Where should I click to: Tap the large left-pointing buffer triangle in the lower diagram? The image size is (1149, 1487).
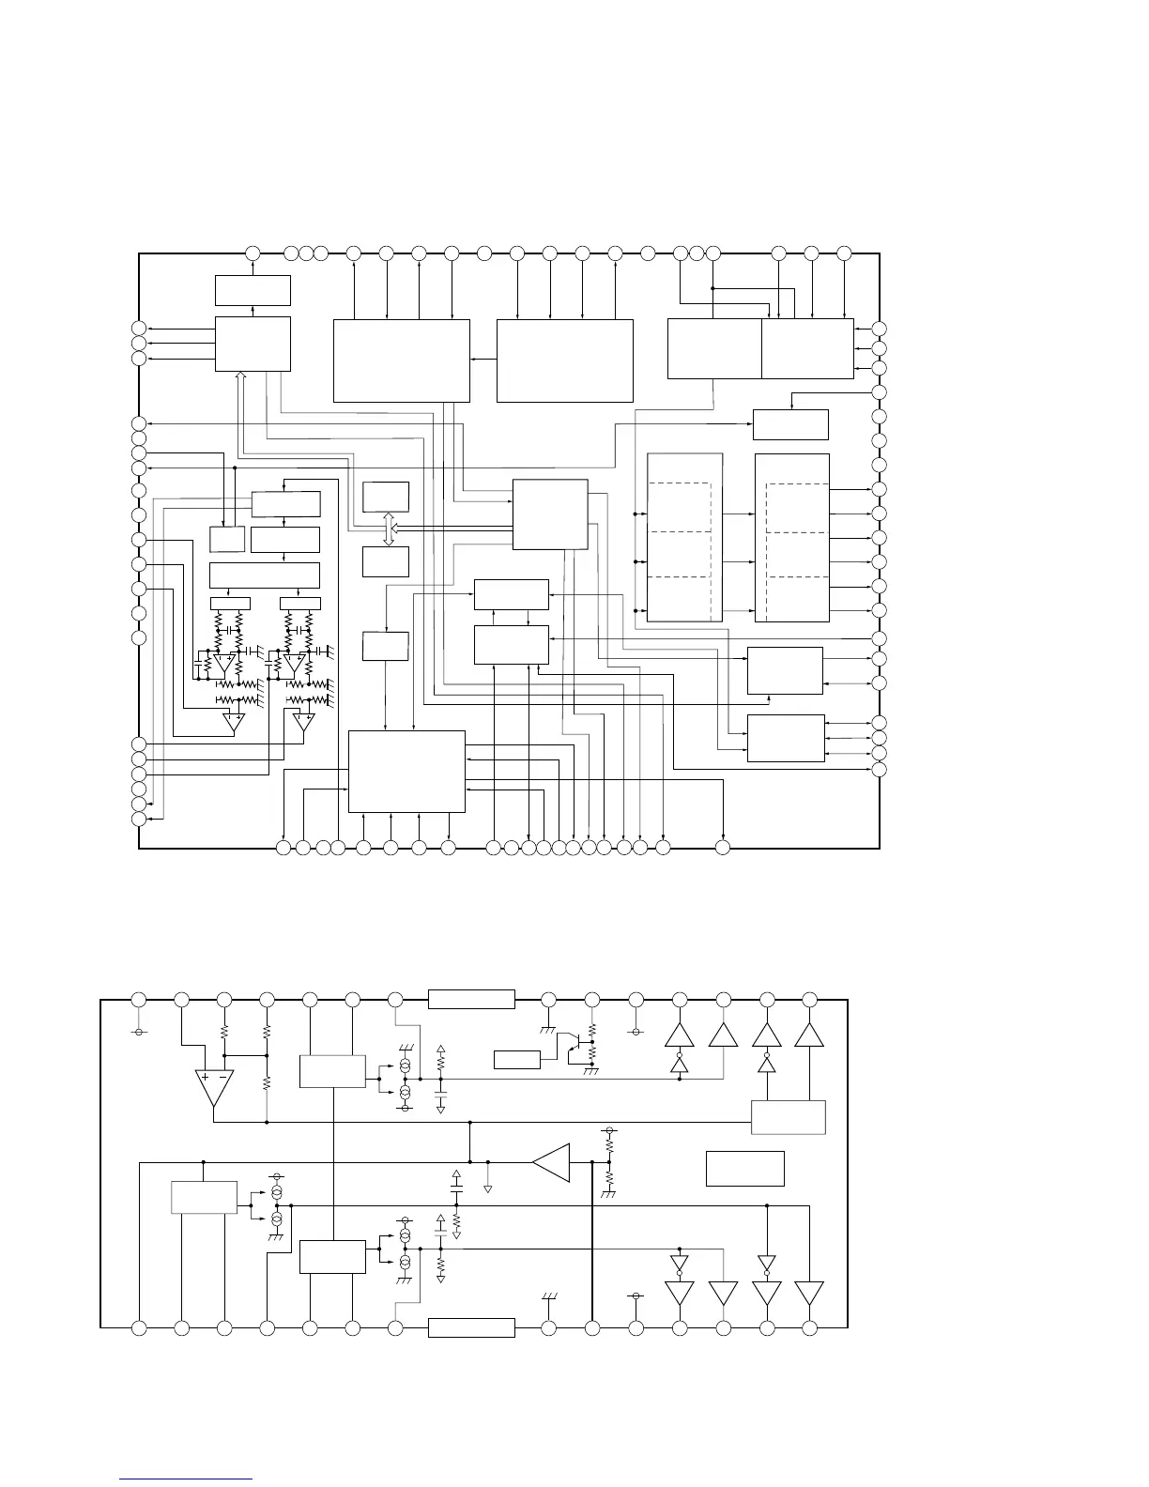[x=552, y=1162]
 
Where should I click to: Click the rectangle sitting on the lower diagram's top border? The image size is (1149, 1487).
[x=471, y=999]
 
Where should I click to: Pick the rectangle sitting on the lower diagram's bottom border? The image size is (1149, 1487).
[x=471, y=1327]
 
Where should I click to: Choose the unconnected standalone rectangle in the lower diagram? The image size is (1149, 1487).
[x=744, y=1168]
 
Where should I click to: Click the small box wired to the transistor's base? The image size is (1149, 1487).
[x=517, y=1060]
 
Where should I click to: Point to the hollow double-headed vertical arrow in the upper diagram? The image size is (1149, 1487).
[x=389, y=529]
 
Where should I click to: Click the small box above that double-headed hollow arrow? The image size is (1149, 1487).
[x=386, y=496]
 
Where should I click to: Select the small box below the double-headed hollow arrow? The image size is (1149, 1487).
[x=386, y=561]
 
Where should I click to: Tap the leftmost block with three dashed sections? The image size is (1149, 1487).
[x=685, y=537]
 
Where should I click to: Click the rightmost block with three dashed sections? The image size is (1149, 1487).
[x=792, y=537]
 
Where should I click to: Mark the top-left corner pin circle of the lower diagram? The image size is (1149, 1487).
[x=139, y=999]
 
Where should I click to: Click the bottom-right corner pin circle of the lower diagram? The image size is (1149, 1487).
[x=810, y=1327]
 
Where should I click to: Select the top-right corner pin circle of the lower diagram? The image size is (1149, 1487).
[x=810, y=999]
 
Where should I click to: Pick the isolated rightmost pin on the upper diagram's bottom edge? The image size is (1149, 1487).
[x=723, y=849]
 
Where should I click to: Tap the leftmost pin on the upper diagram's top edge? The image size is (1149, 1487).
[x=253, y=253]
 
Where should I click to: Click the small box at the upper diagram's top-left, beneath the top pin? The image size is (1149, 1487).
[x=253, y=290]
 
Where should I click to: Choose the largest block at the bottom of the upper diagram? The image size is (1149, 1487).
[x=406, y=771]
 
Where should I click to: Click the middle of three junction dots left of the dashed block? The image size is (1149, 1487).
[x=636, y=562]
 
